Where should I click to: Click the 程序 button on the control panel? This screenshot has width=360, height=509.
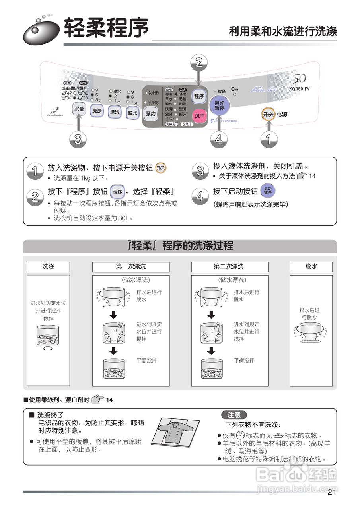(x=199, y=96)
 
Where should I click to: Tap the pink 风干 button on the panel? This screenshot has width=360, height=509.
(x=199, y=116)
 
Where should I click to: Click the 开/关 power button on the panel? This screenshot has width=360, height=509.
(x=268, y=114)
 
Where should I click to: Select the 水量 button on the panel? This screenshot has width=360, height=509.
(x=79, y=109)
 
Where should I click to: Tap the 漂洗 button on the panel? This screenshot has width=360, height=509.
(x=115, y=112)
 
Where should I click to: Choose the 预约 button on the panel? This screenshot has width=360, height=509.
(x=151, y=113)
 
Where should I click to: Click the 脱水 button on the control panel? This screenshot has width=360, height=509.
(x=132, y=113)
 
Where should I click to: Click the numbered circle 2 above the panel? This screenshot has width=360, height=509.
(x=199, y=62)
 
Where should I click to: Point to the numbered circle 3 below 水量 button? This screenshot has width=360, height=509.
(x=78, y=139)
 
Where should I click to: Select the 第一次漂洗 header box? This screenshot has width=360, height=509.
(x=131, y=266)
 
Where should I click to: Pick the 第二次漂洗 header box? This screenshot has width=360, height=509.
(x=228, y=266)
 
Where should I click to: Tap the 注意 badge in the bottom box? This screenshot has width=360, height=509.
(x=234, y=415)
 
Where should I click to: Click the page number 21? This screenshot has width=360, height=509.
(x=332, y=493)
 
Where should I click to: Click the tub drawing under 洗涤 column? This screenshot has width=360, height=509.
(x=48, y=336)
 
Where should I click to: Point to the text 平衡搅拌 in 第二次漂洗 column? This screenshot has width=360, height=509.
(x=244, y=361)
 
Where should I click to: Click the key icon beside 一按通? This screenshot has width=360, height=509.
(x=235, y=89)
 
